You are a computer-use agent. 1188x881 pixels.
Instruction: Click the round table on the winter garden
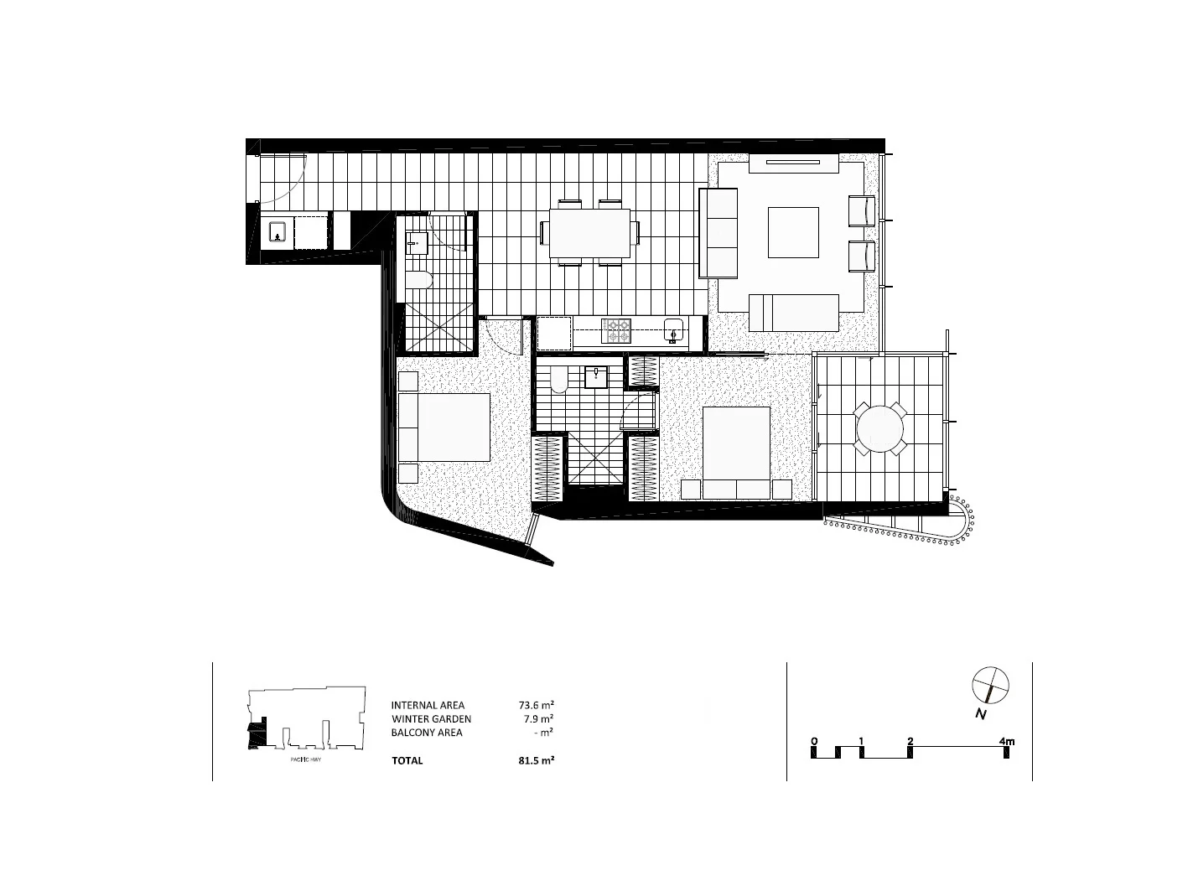pos(879,428)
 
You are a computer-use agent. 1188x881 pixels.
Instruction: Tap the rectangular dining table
pos(591,232)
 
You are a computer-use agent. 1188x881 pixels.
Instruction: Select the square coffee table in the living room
pos(793,232)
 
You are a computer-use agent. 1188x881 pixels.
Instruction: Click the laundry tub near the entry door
pos(277,233)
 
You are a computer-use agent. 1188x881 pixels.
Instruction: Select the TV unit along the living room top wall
pos(793,163)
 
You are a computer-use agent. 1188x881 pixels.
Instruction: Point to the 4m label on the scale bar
pos(1006,741)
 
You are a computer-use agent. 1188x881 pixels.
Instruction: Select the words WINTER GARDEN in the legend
pos(431,719)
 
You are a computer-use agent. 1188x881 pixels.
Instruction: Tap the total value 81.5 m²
pos(537,760)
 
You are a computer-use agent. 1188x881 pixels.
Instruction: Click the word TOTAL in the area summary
pos(407,760)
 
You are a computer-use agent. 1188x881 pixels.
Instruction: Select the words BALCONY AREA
pos(427,733)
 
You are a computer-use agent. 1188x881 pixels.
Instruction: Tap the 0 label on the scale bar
pos(814,741)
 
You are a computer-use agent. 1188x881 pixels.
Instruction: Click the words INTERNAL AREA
pos(428,705)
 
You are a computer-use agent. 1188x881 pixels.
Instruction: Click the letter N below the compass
pos(979,714)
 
